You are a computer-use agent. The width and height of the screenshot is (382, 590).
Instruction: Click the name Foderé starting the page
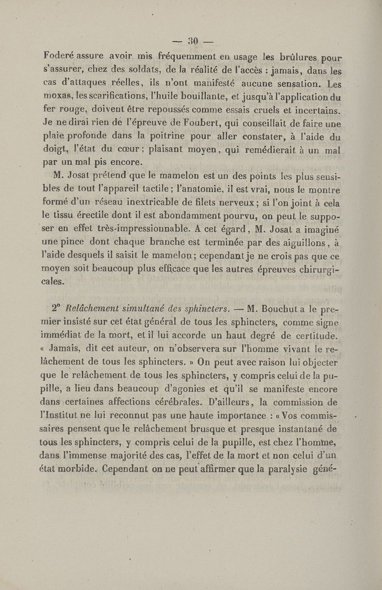coord(57,53)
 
